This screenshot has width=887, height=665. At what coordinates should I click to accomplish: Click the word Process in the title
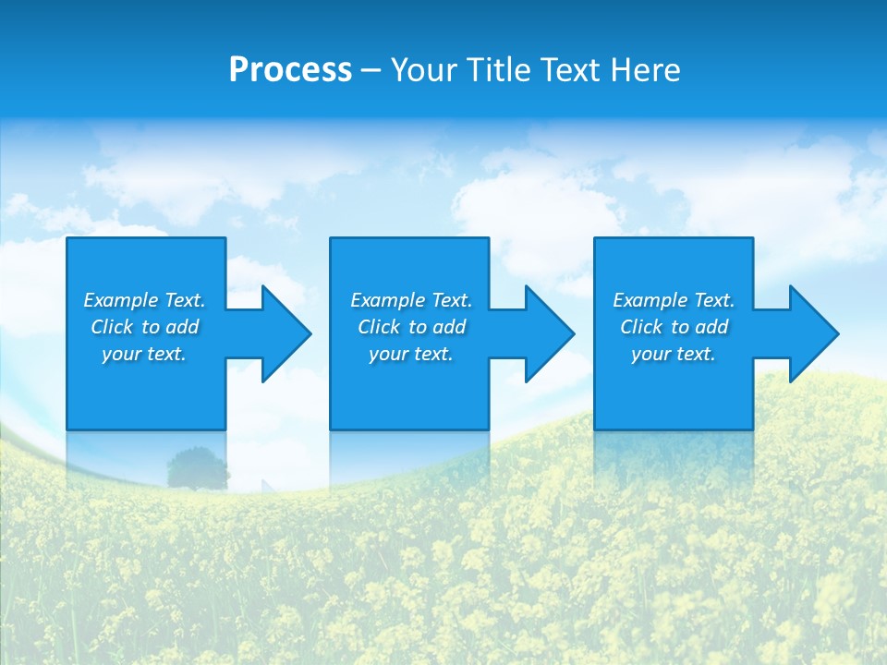pos(290,70)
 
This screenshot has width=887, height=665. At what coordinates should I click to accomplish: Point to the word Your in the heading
pos(424,70)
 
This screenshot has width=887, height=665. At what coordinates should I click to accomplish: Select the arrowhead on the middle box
pos(548,333)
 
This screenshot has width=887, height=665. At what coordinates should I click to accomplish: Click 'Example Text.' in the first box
pos(144,300)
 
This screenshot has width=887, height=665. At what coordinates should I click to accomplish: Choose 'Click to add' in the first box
pos(144,327)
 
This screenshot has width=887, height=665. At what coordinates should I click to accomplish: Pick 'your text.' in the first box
pos(144,354)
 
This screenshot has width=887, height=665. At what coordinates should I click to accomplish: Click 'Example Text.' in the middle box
pos(410,300)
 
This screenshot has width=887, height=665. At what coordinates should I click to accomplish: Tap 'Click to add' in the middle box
pos(410,327)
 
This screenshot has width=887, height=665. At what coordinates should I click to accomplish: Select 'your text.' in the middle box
pos(410,354)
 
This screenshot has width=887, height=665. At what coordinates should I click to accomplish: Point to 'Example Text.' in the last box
pos(673,300)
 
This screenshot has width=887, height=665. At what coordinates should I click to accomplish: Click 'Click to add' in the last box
pos(673,327)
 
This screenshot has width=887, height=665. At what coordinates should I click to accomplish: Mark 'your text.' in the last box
pos(673,354)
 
